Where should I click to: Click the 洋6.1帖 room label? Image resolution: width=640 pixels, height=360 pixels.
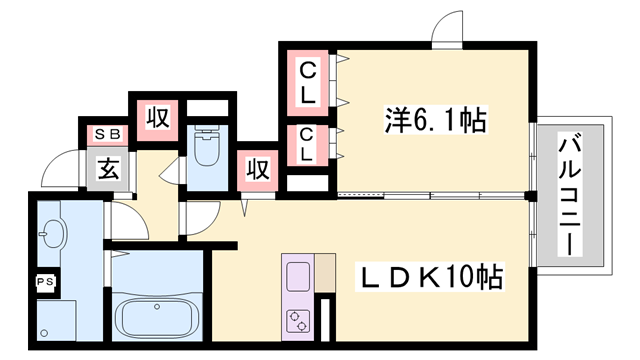[436, 120]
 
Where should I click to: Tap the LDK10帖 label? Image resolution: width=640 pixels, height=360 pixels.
[430, 277]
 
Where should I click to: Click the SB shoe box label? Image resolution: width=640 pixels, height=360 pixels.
[108, 134]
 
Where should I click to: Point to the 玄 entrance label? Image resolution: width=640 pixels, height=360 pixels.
[108, 169]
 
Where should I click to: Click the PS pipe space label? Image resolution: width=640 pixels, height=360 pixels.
[45, 282]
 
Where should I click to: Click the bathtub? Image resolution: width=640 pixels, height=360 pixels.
[157, 317]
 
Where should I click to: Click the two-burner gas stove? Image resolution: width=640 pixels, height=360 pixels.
[298, 321]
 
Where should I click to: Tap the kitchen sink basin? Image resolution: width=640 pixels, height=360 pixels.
[298, 277]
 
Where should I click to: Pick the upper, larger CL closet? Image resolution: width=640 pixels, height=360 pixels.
[307, 83]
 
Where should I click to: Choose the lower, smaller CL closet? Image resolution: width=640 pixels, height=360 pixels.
[307, 145]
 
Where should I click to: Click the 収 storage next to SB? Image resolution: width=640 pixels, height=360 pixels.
[157, 120]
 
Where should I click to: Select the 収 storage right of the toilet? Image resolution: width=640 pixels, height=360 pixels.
[258, 170]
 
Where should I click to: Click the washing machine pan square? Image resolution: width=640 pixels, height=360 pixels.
[56, 321]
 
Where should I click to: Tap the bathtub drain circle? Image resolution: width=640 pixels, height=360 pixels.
[157, 307]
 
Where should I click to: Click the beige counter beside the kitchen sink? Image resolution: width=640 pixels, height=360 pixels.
[325, 273]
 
